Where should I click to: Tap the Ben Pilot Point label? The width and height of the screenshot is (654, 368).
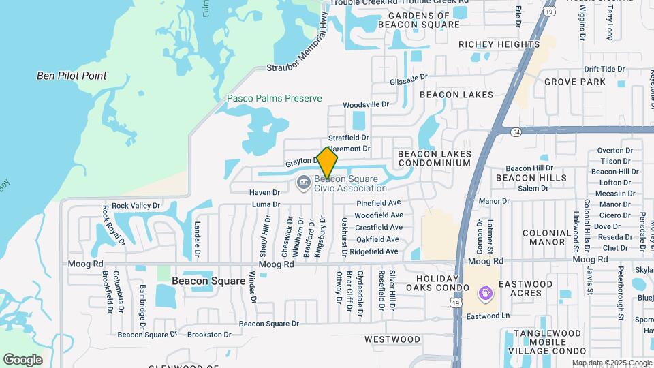click(72, 76)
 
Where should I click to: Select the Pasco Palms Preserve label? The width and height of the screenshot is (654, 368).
click(274, 98)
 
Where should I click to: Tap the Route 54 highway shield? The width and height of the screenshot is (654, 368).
click(516, 129)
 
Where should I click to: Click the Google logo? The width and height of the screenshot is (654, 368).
click(22, 359)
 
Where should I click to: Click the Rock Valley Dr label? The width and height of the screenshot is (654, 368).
click(136, 205)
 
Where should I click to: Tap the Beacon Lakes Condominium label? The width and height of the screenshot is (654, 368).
click(434, 159)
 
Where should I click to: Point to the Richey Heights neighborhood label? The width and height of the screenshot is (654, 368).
click(499, 44)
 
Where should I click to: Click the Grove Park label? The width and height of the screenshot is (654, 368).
click(575, 82)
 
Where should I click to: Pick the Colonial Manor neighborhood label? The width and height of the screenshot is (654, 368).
click(547, 237)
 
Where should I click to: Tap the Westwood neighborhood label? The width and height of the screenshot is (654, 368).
click(392, 339)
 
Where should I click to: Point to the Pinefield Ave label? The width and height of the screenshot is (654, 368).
click(378, 203)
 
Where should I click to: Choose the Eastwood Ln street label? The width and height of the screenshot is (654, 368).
click(488, 316)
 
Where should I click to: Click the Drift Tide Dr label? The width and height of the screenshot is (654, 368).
click(604, 69)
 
